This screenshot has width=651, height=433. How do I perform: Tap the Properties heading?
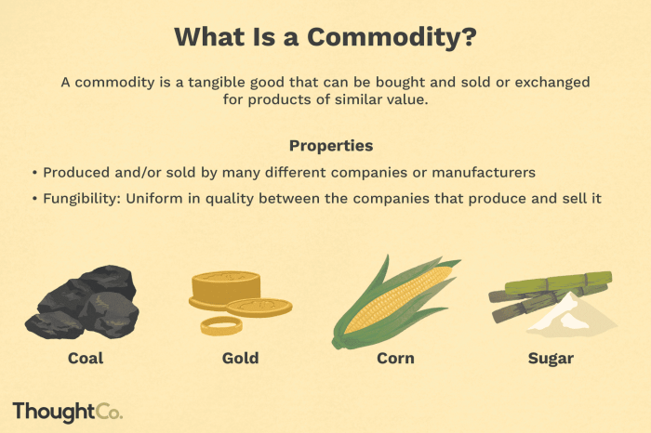[331, 146]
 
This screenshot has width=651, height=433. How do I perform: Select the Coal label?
[85, 358]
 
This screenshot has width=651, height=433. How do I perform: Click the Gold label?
[240, 358]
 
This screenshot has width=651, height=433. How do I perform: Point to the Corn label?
[394, 358]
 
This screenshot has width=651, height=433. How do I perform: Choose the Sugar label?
[551, 358]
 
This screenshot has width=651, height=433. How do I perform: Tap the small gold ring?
[221, 324]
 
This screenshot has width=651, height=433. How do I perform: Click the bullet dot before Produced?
[33, 173]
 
